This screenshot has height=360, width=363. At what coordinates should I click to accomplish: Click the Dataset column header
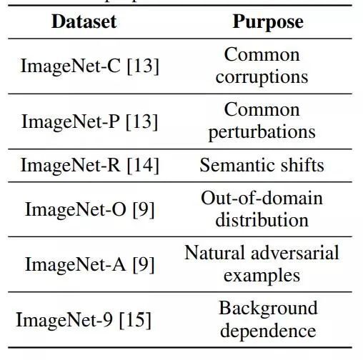(84, 21)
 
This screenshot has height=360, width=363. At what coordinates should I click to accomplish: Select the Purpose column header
(268, 23)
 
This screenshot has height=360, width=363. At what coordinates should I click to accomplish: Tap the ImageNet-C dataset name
(71, 66)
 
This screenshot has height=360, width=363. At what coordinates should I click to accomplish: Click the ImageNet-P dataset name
(71, 121)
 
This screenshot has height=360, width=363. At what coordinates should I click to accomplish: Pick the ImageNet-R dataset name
(71, 165)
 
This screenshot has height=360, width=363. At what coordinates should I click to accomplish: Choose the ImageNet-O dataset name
(76, 209)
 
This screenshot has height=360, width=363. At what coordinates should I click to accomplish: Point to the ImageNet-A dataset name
(75, 264)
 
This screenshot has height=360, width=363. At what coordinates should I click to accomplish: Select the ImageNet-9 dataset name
(64, 320)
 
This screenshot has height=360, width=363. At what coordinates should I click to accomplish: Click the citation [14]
(143, 165)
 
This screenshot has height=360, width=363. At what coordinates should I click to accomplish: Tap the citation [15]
(135, 320)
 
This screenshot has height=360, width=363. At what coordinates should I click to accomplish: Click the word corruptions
(262, 77)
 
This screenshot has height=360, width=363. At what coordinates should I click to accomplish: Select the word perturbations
(262, 133)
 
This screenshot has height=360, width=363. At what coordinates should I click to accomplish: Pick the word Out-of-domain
(262, 198)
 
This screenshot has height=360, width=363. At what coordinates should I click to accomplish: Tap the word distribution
(262, 220)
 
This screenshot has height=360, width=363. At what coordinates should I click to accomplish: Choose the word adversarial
(295, 253)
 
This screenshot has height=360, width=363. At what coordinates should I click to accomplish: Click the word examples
(262, 276)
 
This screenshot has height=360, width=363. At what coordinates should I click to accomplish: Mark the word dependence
(268, 331)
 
